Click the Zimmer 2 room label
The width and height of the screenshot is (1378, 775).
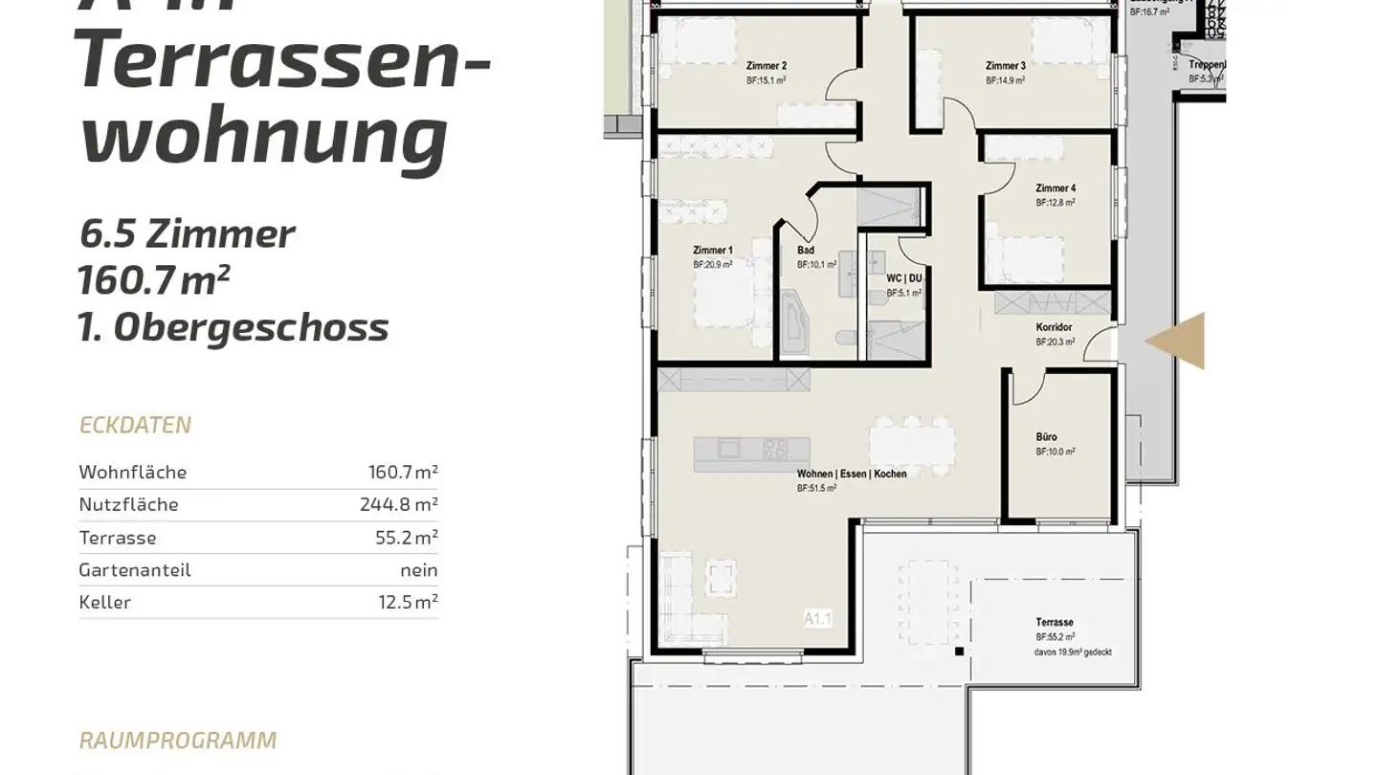click(x=766, y=66)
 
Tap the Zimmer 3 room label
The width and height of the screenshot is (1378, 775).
click(x=1005, y=66)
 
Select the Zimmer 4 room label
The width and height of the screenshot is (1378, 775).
click(x=1055, y=188)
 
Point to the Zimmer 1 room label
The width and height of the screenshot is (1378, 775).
click(x=712, y=250)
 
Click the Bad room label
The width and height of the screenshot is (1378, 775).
click(x=806, y=251)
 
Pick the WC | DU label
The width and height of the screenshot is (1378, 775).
click(x=903, y=278)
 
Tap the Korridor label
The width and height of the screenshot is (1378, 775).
click(x=1053, y=327)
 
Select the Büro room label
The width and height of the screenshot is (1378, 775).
click(x=1046, y=437)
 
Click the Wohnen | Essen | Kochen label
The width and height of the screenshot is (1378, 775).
click(x=851, y=474)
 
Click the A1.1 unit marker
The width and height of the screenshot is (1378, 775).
click(x=817, y=620)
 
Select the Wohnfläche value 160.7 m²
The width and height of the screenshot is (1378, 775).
click(x=403, y=472)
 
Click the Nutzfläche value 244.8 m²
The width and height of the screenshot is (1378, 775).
click(x=402, y=504)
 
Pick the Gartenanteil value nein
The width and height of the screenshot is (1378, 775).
click(x=419, y=570)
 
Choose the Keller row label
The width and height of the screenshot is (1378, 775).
click(x=104, y=603)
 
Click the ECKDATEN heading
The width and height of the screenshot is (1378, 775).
click(x=135, y=425)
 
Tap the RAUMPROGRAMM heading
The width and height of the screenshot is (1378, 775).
click(x=178, y=741)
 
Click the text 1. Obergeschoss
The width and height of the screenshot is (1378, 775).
click(x=233, y=327)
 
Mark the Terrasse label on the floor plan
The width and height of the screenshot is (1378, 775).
click(x=1054, y=622)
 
